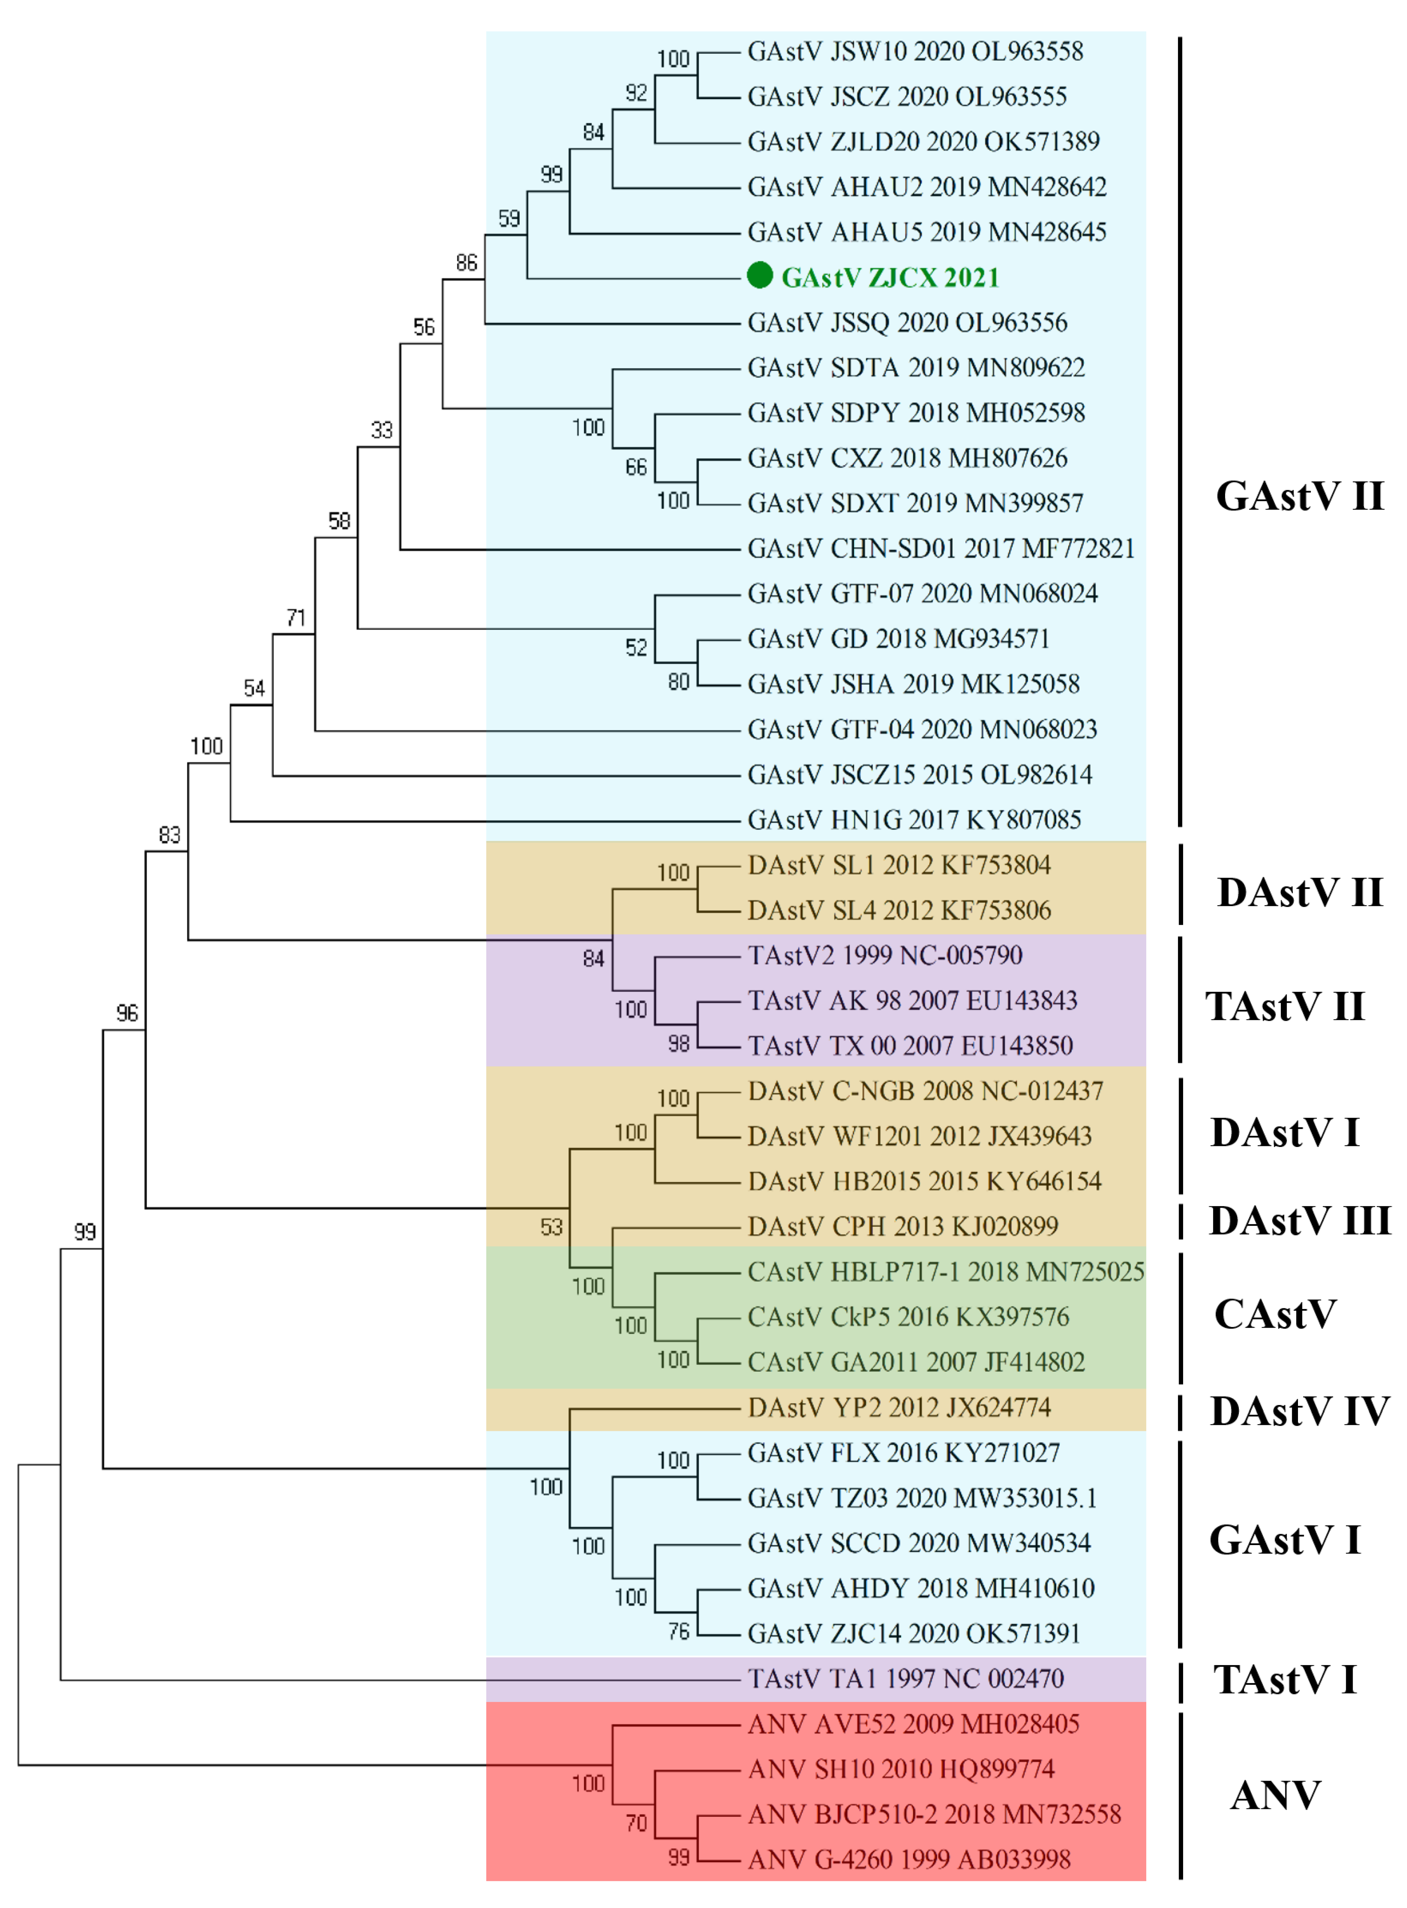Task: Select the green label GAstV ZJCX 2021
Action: pos(890,278)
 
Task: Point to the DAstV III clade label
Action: pos(1299,1221)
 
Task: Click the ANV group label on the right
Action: pos(1275,1795)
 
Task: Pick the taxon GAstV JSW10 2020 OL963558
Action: pos(915,52)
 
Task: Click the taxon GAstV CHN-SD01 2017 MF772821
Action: pos(940,548)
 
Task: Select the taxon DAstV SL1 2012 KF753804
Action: pos(899,866)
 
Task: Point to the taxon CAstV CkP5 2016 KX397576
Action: pos(908,1317)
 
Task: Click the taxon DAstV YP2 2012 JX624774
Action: pos(899,1407)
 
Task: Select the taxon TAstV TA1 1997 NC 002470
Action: pos(905,1678)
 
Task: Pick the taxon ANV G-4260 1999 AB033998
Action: pos(909,1859)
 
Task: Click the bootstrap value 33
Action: pos(381,430)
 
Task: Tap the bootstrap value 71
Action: pos(295,618)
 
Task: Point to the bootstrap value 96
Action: pos(127,1013)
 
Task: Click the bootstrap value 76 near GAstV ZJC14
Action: pos(678,1631)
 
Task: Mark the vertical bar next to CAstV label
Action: pos(1180,1317)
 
